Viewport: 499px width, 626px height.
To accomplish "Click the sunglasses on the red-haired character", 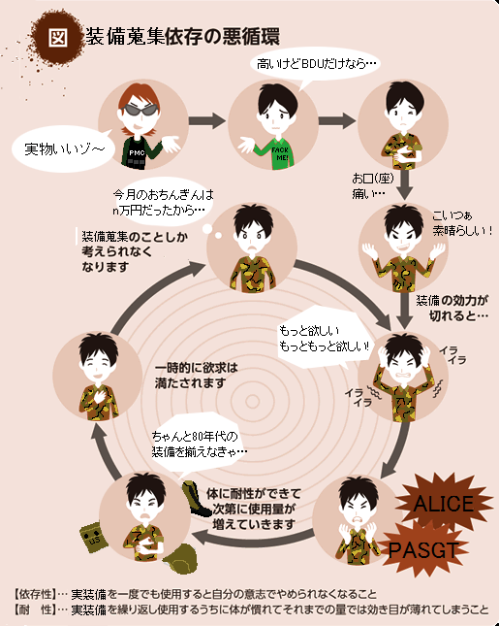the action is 140,110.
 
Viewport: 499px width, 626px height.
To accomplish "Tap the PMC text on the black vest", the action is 137,153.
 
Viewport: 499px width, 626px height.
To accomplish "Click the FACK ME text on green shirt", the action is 280,154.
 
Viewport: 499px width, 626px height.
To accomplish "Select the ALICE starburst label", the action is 444,503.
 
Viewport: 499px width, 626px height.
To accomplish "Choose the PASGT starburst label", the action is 422,550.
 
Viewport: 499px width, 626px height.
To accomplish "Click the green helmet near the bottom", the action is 181,558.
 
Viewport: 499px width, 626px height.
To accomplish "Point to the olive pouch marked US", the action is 93,538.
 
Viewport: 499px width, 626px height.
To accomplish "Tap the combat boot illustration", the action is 196,499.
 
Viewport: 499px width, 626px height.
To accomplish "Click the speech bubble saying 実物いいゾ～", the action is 64,148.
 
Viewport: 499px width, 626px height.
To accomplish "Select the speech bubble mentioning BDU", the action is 315,64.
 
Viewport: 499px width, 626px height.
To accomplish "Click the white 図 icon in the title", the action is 58,37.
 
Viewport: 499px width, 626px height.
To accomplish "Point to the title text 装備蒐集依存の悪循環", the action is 182,36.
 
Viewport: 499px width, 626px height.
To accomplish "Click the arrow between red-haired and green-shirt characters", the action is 207,120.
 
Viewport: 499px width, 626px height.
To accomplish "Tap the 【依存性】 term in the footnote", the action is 34,594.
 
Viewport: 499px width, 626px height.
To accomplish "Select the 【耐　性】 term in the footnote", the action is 34,610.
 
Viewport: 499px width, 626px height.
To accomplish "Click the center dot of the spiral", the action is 252,401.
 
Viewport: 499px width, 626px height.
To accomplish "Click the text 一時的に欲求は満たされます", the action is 196,376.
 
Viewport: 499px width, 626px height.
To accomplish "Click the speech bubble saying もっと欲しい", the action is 324,338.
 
